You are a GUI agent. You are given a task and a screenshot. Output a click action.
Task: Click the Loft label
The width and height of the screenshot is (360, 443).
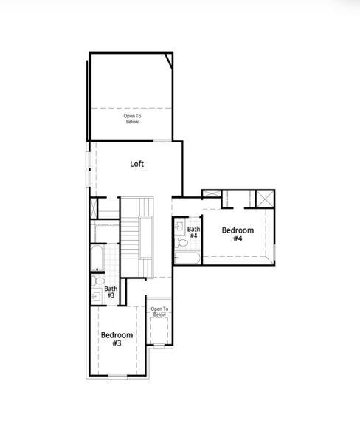pyautogui.click(x=136, y=164)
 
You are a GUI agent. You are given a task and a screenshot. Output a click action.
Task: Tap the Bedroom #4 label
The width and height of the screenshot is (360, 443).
pyautogui.click(x=238, y=235)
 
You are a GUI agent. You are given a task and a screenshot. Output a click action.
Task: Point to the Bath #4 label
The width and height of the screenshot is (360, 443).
pyautogui.click(x=193, y=233)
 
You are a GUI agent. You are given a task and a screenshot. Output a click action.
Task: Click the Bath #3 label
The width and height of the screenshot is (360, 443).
pyautogui.click(x=110, y=292)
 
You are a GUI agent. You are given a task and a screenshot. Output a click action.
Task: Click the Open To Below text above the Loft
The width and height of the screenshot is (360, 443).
pyautogui.click(x=131, y=119)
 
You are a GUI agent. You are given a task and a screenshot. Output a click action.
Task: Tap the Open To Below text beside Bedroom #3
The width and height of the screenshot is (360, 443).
pyautogui.click(x=159, y=312)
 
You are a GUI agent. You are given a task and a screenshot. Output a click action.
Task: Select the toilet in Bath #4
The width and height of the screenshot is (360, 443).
pyautogui.click(x=181, y=242)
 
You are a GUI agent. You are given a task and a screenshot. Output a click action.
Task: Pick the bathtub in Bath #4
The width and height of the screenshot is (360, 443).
pyautogui.click(x=187, y=258)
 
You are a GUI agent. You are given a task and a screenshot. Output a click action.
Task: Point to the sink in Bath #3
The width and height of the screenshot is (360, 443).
pyautogui.click(x=97, y=295)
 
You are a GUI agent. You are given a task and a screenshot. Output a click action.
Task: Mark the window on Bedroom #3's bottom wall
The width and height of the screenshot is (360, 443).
pyautogui.click(x=117, y=377)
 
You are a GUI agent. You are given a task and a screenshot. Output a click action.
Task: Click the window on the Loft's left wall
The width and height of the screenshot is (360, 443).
pyautogui.click(x=89, y=168)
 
